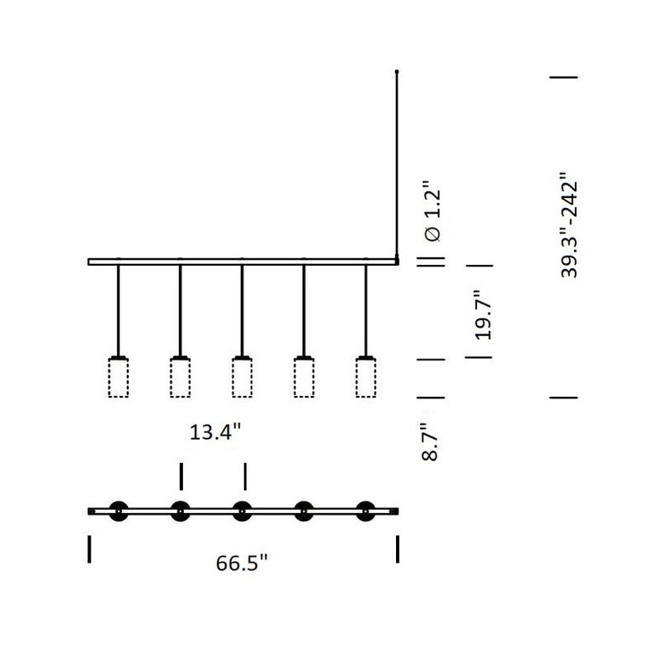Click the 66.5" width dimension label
point(242,563)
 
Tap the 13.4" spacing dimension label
point(215,431)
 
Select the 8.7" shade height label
point(430,442)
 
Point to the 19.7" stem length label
point(483,315)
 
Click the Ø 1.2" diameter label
point(432,212)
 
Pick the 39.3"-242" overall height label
point(569,224)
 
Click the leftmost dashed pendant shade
point(118,378)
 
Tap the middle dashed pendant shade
point(242,378)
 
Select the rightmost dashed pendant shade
point(365,378)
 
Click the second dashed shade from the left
point(180,378)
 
